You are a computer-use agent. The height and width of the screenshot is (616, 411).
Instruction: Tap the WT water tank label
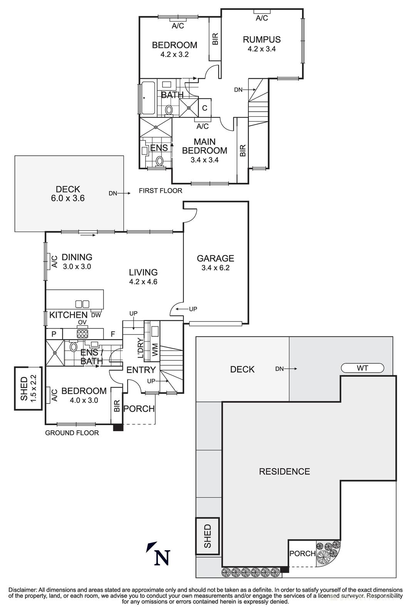coord(362,368)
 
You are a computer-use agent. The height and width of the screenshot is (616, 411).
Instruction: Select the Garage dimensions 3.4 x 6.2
coord(215,268)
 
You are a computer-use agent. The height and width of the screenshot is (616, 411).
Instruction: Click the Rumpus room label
coord(262,39)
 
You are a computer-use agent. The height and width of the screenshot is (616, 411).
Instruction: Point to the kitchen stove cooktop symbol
coord(83,333)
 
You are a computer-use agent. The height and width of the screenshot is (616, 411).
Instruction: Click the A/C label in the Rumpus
coord(262,18)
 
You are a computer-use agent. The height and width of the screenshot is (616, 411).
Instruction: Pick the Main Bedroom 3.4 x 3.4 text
coord(205,160)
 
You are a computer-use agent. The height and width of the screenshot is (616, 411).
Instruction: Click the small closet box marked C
coord(205,108)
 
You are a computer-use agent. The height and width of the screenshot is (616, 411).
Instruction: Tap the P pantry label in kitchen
coord(54,334)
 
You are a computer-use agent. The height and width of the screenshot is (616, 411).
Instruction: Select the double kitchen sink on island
coord(82,304)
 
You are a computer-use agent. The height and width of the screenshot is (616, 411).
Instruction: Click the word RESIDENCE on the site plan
coord(284,471)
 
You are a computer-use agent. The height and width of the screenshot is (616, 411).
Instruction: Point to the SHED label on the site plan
coord(208,536)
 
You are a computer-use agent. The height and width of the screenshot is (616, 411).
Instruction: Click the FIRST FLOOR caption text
coord(160,191)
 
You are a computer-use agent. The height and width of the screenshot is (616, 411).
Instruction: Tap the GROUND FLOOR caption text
coord(72,433)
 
